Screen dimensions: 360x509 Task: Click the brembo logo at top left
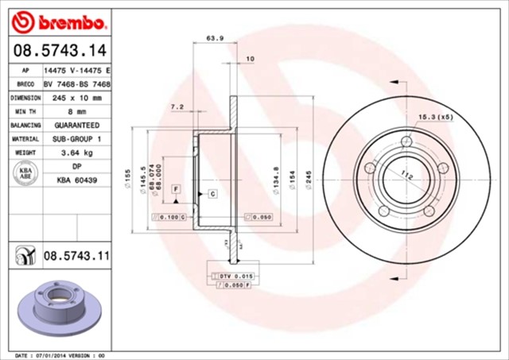click(x=60, y=20)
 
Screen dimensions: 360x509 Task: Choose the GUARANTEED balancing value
click(x=77, y=126)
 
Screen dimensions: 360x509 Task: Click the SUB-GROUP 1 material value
click(x=77, y=139)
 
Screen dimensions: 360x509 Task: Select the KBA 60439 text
click(x=77, y=180)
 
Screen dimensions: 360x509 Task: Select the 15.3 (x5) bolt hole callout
click(x=436, y=117)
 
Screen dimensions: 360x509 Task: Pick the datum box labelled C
click(x=213, y=194)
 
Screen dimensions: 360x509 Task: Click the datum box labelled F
click(x=175, y=188)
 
